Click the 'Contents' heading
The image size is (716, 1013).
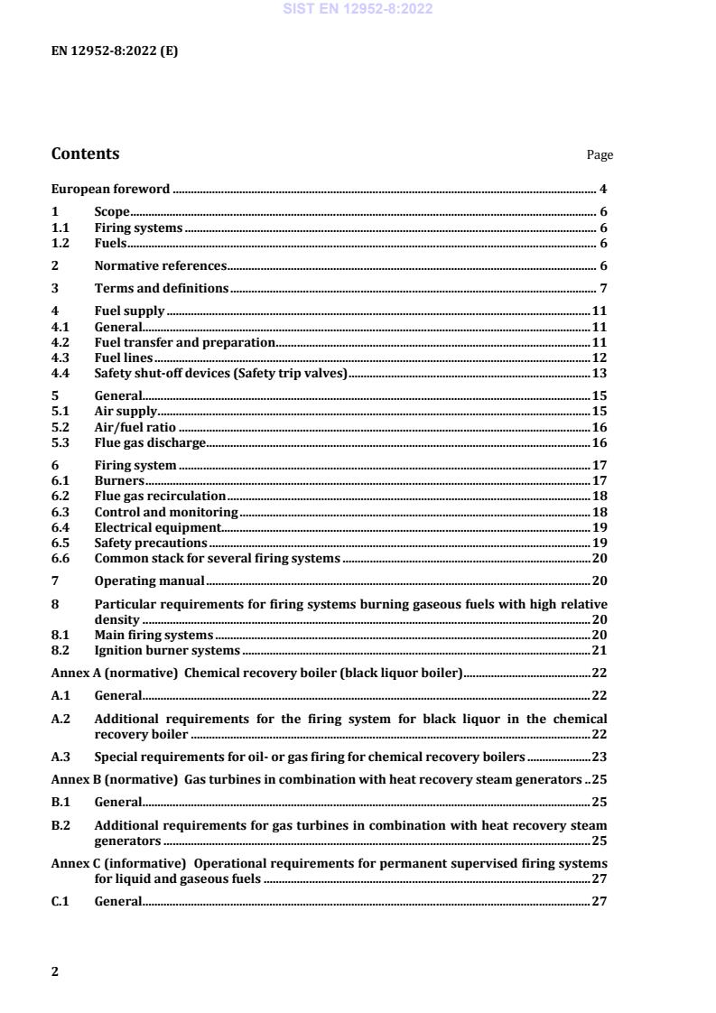tap(85, 153)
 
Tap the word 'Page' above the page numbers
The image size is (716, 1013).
tap(600, 155)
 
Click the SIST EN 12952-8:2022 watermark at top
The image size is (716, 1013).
tap(358, 9)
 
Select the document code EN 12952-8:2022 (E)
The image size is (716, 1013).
tap(115, 51)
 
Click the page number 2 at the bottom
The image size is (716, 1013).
tap(55, 971)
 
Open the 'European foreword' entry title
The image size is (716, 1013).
tap(110, 190)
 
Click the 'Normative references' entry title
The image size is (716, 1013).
tap(160, 266)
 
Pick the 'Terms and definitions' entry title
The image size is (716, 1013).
tap(162, 289)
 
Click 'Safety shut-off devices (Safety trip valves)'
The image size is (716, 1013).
tap(220, 374)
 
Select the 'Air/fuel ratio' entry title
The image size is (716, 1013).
tap(135, 427)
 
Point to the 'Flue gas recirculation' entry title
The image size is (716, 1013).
tap(160, 497)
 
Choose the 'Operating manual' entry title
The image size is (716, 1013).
tap(149, 581)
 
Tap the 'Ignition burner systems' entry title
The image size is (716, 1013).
tap(167, 651)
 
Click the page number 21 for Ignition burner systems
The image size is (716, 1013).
tap(599, 651)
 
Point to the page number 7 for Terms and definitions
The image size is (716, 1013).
tap(603, 289)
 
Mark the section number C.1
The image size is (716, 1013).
tap(60, 901)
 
